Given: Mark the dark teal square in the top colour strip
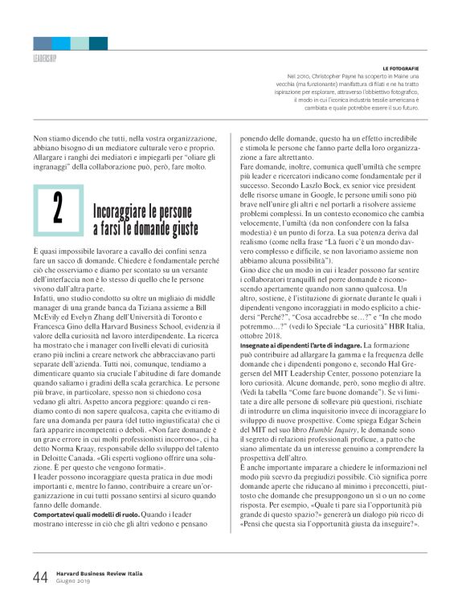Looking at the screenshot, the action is pos(98,43).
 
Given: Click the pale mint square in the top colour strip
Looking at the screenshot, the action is pos(80,43).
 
